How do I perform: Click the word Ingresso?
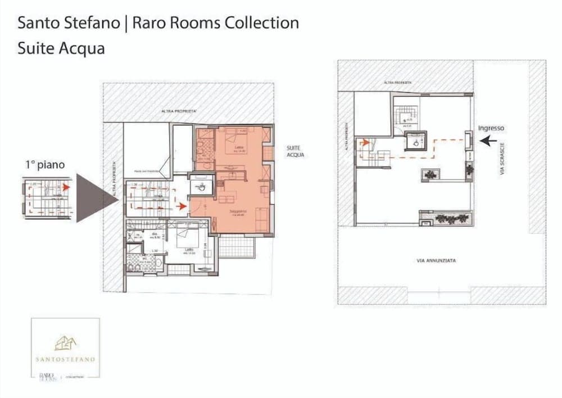(x=491, y=128)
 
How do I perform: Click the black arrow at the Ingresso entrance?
(x=488, y=141)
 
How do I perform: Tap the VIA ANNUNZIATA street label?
(x=436, y=261)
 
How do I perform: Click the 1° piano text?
(x=45, y=165)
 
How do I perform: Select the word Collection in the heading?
(x=261, y=22)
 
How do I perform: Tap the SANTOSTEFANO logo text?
(x=66, y=359)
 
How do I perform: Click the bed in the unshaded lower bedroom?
(x=185, y=239)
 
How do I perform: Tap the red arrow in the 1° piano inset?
(x=66, y=187)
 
